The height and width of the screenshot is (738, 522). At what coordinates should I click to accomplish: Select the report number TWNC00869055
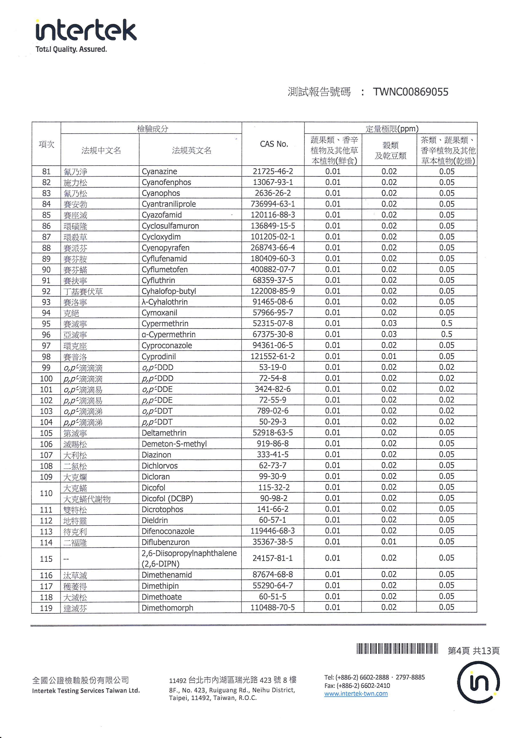pos(410,92)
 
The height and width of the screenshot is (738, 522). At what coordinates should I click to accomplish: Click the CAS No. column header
pos(274,144)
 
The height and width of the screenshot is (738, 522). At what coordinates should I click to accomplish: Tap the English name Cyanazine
pos(159,171)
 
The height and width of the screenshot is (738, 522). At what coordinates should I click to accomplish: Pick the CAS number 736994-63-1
pos(273,204)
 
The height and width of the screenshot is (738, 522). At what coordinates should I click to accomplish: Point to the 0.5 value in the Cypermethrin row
pos(446,323)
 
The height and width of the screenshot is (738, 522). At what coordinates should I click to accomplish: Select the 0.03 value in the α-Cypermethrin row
pos(389,334)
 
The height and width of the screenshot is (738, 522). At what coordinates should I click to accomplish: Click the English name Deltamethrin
pos(164,433)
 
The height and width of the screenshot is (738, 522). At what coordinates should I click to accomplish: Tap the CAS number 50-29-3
pos(273,422)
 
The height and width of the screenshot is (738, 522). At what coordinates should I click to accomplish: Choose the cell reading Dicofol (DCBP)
pos(167,498)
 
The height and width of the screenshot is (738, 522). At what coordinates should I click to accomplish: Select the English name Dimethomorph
pos(167,608)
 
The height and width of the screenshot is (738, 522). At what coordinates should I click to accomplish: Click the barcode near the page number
pos(397,649)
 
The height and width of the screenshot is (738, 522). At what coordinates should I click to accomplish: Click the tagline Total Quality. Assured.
pos(71,49)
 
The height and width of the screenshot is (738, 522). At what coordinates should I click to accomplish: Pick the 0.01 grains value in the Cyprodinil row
pos(389,356)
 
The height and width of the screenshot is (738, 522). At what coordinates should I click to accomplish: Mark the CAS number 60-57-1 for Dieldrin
pos(273,520)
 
